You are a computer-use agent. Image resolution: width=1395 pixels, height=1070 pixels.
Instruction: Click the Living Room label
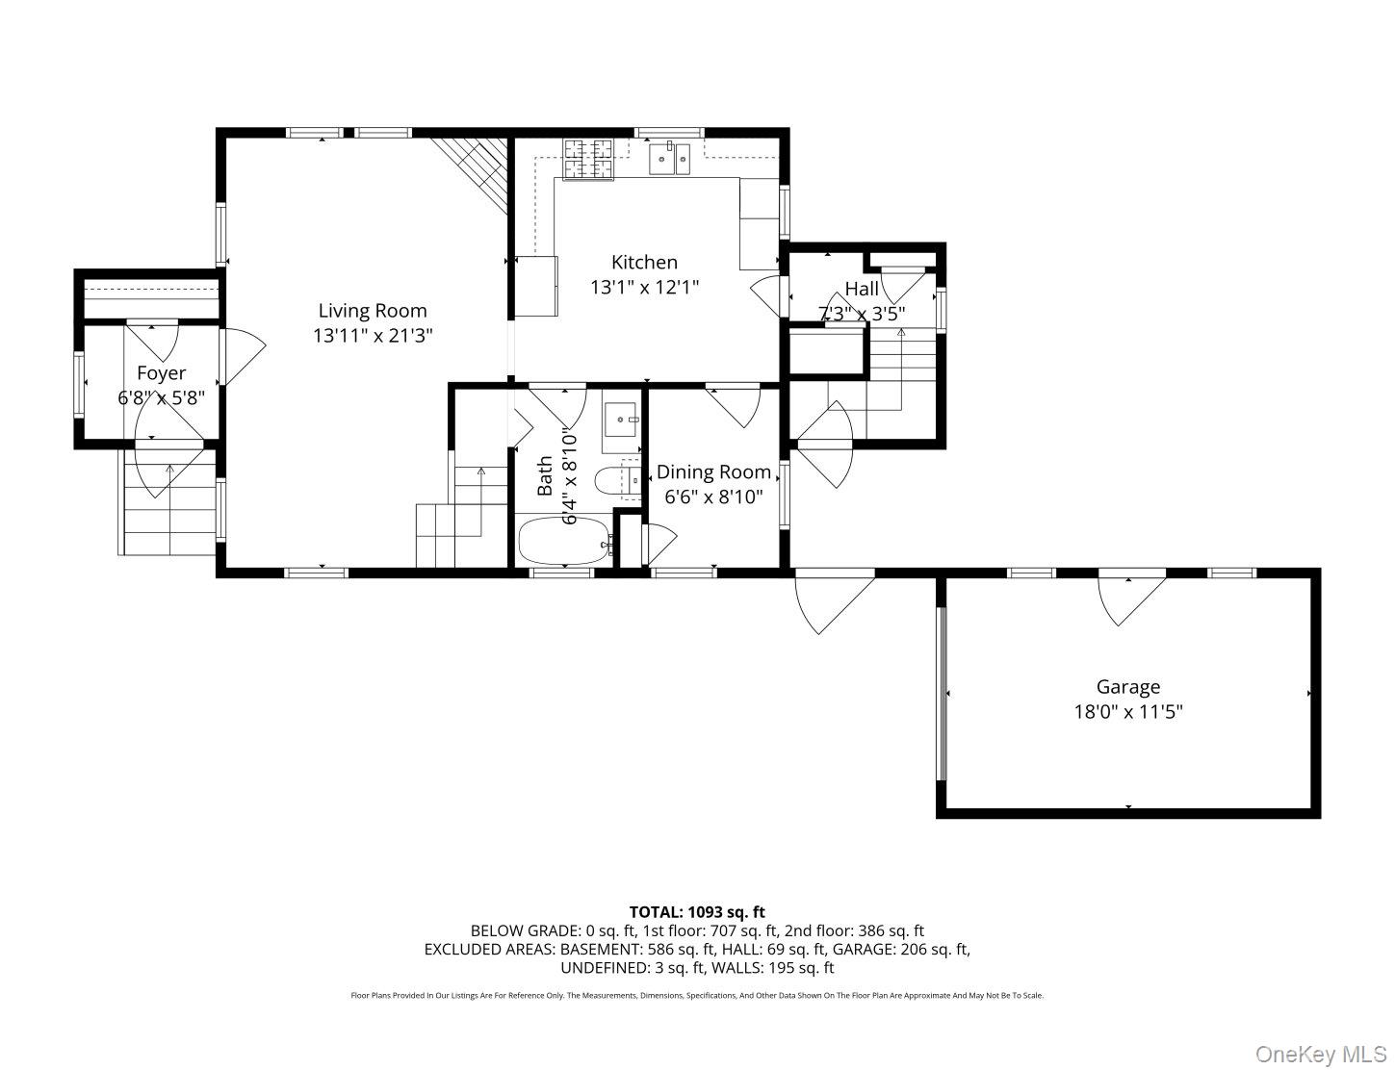coord(373,311)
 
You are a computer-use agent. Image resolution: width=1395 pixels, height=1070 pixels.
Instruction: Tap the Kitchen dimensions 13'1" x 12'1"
coord(644,287)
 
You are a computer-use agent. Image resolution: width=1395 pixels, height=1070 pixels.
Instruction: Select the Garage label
coord(1127,687)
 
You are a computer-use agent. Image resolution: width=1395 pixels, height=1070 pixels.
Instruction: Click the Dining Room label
coord(713,472)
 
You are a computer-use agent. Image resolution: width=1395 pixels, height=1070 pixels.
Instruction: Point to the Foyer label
coord(161,373)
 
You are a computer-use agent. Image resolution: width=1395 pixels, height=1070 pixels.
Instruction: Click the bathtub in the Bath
coord(564,543)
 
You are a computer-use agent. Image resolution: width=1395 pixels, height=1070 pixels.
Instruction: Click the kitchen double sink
coord(670,159)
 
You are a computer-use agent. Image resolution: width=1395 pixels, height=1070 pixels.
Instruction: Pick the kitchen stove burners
coord(588,159)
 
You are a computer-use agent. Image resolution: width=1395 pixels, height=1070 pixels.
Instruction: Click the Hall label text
coord(862,289)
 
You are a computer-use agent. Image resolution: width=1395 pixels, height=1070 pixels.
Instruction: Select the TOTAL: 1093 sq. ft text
coord(697,911)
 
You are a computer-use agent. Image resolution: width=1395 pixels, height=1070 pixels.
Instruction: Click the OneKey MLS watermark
coord(1323,1055)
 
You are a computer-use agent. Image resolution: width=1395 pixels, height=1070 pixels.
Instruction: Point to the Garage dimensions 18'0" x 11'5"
coord(1127,712)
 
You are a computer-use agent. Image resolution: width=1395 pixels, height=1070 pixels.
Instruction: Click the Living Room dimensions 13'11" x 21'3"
coord(373,336)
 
